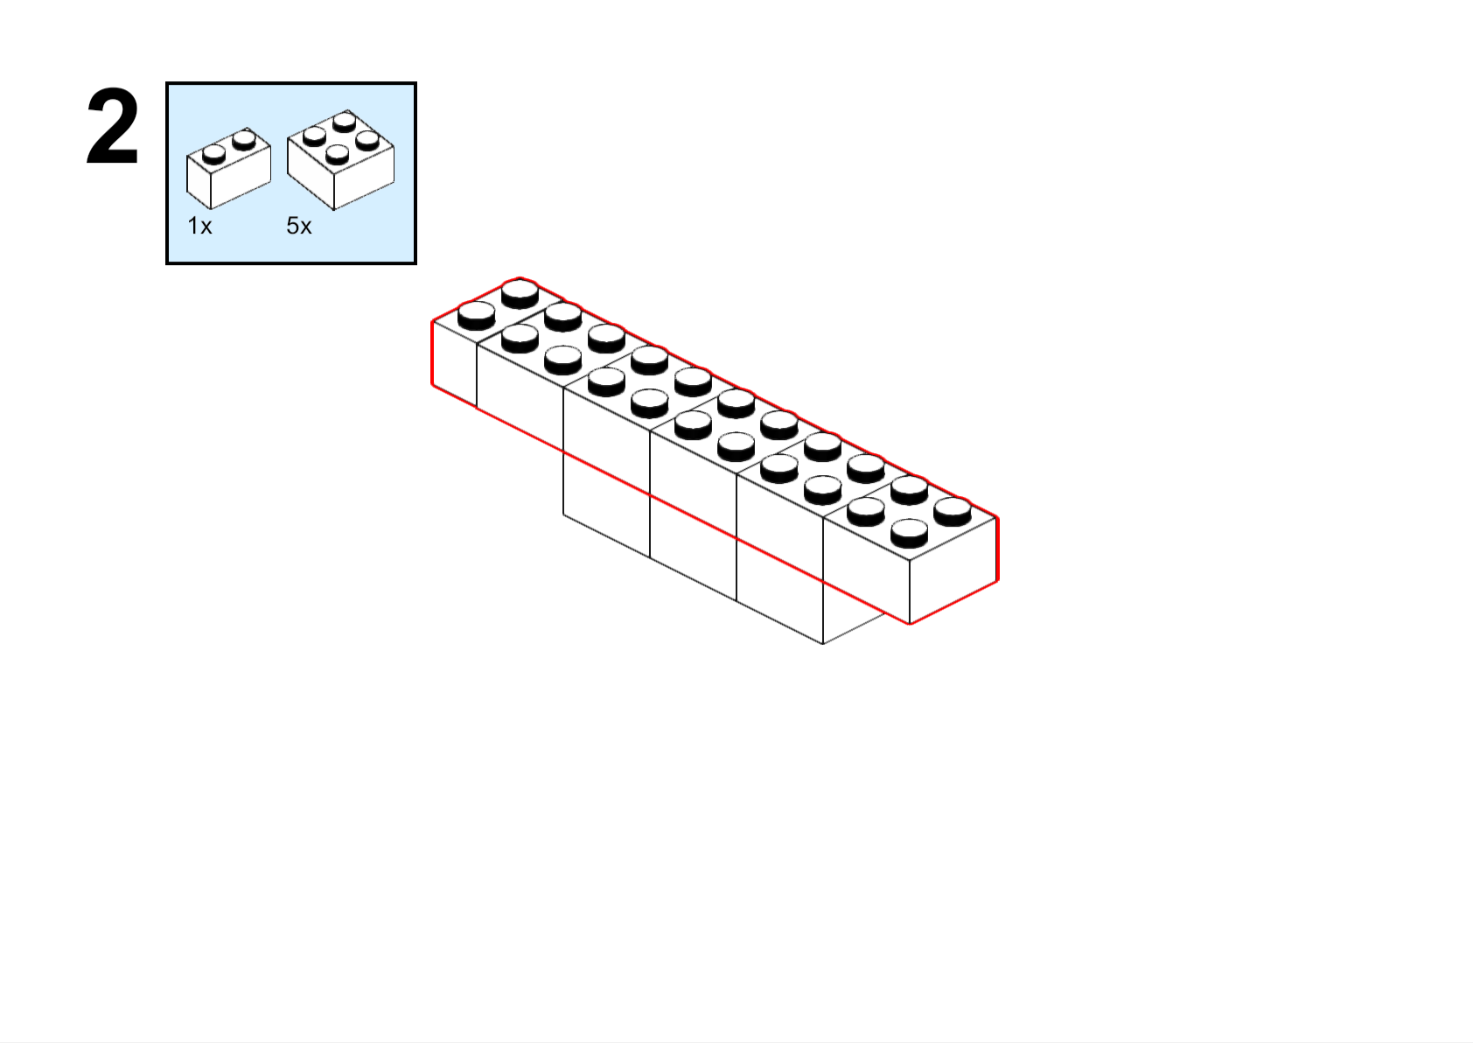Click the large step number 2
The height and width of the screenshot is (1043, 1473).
(x=113, y=129)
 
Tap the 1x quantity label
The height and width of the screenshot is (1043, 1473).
(x=199, y=227)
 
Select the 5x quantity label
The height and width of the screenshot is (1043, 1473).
(x=299, y=227)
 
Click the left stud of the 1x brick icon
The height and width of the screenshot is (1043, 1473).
(x=214, y=154)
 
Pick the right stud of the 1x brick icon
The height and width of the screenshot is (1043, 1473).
(x=244, y=138)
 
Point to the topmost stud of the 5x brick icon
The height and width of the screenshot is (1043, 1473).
(x=345, y=120)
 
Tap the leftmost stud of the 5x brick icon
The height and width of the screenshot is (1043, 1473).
(x=314, y=135)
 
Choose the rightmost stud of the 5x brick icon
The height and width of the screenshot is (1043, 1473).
(x=367, y=138)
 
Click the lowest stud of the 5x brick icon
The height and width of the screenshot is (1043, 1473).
(x=337, y=154)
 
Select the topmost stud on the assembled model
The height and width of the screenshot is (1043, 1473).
(x=520, y=291)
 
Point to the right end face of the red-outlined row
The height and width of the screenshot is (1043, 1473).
(x=953, y=569)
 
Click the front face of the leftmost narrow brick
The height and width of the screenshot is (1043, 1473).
(x=455, y=363)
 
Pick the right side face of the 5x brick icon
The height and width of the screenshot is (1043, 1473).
(x=364, y=176)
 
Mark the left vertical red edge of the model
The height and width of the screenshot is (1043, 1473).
(x=433, y=353)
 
